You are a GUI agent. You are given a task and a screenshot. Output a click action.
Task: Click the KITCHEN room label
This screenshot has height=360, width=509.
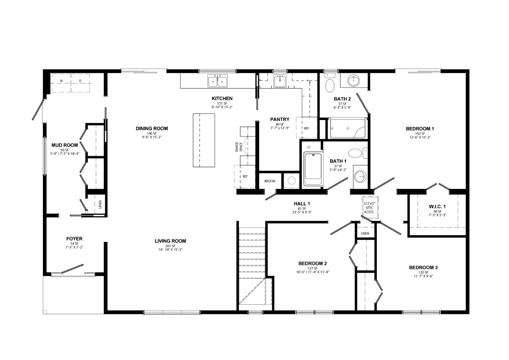click(x=222, y=98)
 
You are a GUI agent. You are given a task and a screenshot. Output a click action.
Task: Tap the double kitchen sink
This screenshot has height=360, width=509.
click(x=217, y=81)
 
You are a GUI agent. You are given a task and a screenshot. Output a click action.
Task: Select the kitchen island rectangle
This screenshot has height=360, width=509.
click(x=204, y=140)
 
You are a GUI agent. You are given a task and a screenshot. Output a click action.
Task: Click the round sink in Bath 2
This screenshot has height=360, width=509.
click(x=354, y=81)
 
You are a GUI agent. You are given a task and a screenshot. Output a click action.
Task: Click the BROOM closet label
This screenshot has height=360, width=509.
click(x=270, y=181)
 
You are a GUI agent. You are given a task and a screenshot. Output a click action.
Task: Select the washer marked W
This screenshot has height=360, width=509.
click(x=61, y=83)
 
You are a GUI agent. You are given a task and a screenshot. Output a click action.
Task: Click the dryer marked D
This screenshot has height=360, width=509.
click(x=80, y=83)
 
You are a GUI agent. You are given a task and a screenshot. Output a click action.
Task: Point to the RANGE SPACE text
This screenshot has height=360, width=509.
click(x=239, y=147)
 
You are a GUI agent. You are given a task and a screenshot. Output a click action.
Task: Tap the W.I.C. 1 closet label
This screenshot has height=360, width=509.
click(x=437, y=207)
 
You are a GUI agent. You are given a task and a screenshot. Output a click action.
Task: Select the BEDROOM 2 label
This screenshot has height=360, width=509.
click(x=312, y=263)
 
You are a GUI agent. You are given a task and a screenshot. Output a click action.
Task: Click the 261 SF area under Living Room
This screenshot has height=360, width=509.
click(x=170, y=246)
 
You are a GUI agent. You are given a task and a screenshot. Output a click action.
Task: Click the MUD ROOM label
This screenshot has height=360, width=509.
click(x=65, y=145)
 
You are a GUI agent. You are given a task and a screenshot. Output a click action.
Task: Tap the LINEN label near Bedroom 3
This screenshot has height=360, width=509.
click(x=365, y=233)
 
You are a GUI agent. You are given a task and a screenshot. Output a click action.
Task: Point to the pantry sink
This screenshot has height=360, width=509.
click(x=280, y=81)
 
